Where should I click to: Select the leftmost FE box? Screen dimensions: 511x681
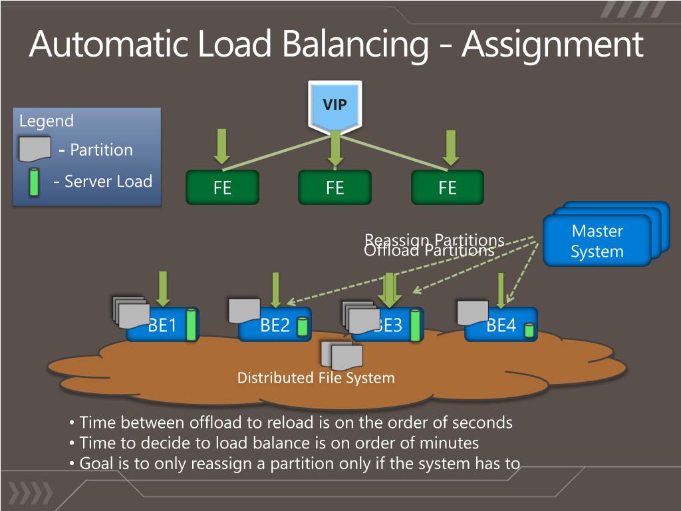click(222, 188)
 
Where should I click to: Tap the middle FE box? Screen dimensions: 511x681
click(335, 188)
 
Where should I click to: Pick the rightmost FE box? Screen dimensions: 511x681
click(448, 188)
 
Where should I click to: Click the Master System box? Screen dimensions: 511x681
click(597, 241)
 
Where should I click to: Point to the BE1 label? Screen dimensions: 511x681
click(162, 325)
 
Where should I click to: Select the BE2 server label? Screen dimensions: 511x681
click(275, 325)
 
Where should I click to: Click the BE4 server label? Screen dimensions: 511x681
click(501, 325)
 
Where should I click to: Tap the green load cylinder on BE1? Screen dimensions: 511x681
click(192, 325)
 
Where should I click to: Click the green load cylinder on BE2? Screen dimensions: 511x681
click(303, 327)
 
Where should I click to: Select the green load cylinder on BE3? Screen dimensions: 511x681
click(416, 325)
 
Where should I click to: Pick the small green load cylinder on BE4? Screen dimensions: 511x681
click(529, 329)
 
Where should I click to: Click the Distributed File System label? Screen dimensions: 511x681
click(316, 378)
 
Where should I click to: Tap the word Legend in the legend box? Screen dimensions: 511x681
click(47, 121)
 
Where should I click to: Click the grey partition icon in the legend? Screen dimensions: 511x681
click(35, 149)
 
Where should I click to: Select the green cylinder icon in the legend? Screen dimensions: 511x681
click(34, 182)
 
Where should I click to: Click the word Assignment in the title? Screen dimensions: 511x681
click(552, 45)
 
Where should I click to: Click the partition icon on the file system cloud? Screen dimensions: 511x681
click(342, 356)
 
